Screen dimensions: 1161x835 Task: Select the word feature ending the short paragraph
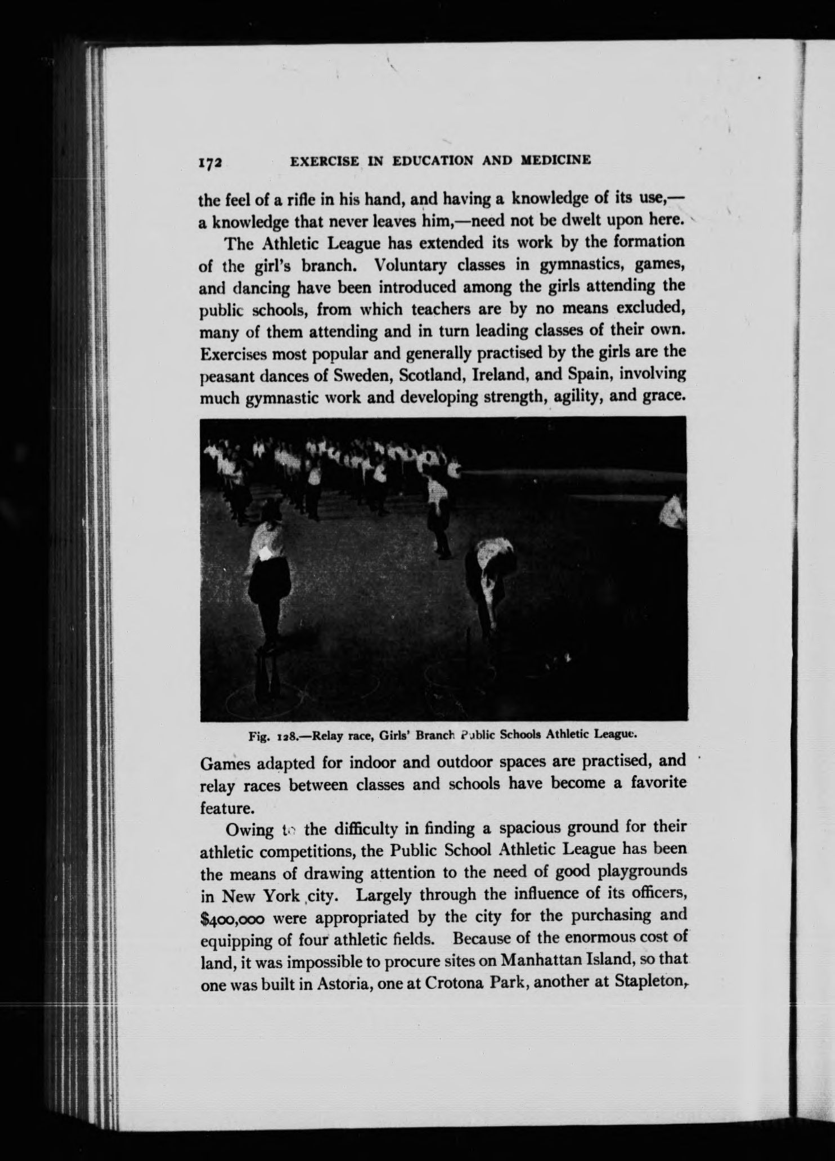(x=225, y=808)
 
